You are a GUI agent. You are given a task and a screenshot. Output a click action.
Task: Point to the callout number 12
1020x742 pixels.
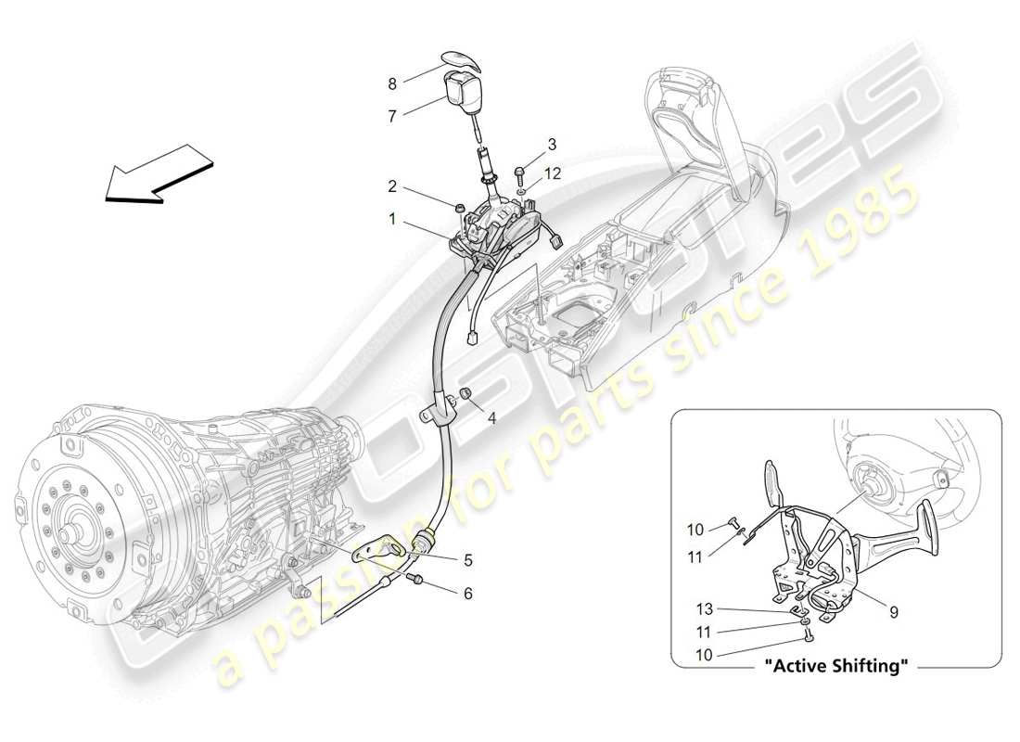pos(554,173)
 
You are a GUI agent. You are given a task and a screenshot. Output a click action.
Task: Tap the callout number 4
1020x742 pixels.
pos(491,418)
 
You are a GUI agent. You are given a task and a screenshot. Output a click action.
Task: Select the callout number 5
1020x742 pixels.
pos(468,559)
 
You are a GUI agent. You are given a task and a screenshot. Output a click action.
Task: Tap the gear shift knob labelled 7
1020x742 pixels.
pos(461,92)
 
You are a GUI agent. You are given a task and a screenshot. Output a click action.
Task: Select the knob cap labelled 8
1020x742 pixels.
pos(463,59)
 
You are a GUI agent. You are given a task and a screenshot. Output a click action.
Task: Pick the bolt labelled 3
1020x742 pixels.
pos(517,173)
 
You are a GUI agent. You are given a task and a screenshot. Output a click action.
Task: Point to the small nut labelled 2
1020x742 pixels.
pos(457,205)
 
